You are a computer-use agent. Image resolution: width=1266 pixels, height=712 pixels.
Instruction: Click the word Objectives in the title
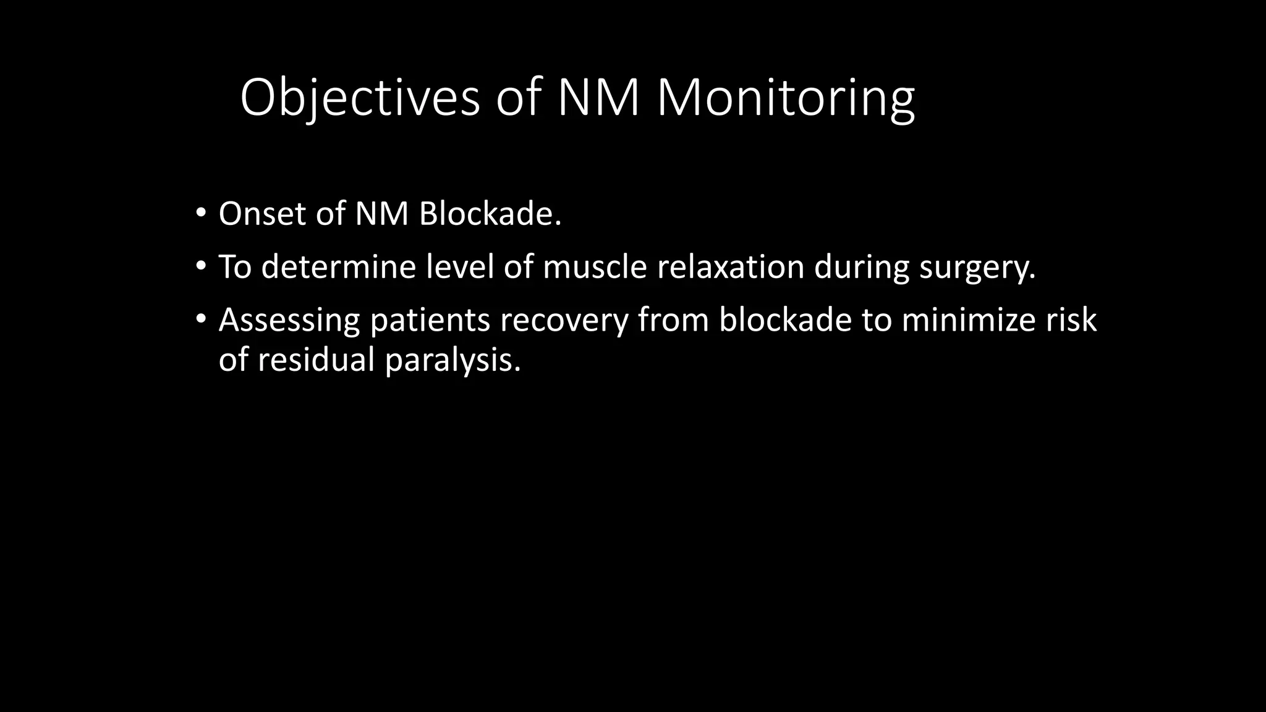pyautogui.click(x=360, y=98)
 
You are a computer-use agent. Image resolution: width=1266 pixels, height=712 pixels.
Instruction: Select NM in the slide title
pyautogui.click(x=598, y=98)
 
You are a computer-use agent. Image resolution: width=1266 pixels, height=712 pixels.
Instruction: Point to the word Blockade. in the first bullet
pyautogui.click(x=490, y=214)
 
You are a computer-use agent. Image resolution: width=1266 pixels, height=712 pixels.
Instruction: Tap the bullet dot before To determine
pyautogui.click(x=200, y=267)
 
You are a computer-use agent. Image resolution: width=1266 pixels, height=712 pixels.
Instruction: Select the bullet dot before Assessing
pyautogui.click(x=200, y=320)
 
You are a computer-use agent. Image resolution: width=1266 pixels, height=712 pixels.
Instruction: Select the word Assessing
pyautogui.click(x=289, y=320)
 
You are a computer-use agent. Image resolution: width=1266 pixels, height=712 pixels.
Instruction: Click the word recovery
pyautogui.click(x=563, y=321)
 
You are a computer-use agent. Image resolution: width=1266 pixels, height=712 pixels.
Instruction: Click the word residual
pyautogui.click(x=315, y=360)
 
